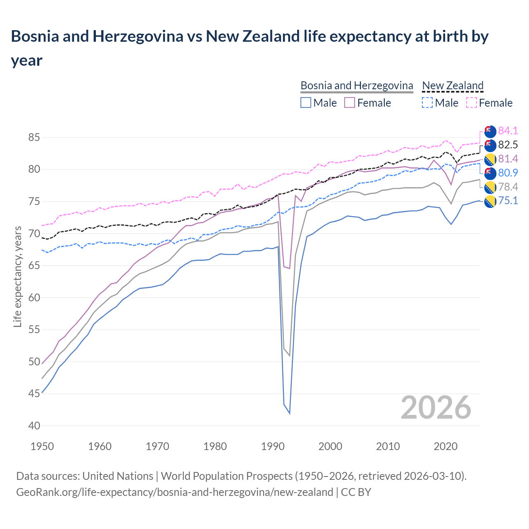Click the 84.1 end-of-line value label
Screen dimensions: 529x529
pyautogui.click(x=508, y=131)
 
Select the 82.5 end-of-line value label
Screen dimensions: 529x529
pyautogui.click(x=508, y=145)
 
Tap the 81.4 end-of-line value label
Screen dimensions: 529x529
pyautogui.click(x=508, y=159)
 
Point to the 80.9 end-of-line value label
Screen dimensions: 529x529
pyautogui.click(x=508, y=173)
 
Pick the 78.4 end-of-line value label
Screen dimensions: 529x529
pyautogui.click(x=508, y=187)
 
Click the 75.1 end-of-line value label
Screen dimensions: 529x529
pyautogui.click(x=508, y=201)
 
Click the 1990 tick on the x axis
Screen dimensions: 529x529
pyautogui.click(x=273, y=446)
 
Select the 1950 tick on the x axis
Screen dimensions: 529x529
pyautogui.click(x=42, y=446)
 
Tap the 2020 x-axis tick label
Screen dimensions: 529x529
pyautogui.click(x=446, y=446)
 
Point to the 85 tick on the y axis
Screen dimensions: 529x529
pyautogui.click(x=34, y=137)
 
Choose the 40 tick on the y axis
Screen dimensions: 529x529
pyautogui.click(x=34, y=426)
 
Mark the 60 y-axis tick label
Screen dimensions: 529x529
pyautogui.click(x=34, y=298)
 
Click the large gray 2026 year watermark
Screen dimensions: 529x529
pyautogui.click(x=436, y=407)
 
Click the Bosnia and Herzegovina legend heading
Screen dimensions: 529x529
pyautogui.click(x=357, y=86)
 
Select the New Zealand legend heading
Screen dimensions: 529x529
pyautogui.click(x=453, y=86)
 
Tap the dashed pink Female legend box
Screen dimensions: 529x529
pyautogui.click(x=472, y=102)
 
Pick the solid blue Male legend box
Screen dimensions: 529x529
pyautogui.click(x=306, y=102)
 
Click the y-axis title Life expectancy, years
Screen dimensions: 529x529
pyautogui.click(x=17, y=277)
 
